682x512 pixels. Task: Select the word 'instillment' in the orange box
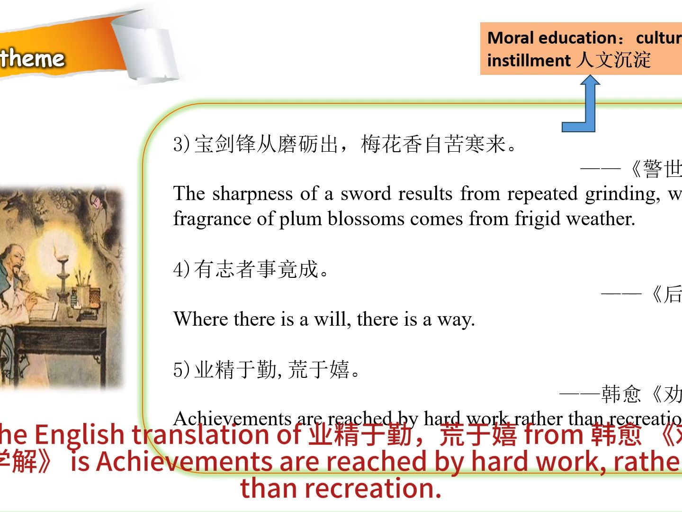(529, 61)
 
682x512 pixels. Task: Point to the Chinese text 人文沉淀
(614, 60)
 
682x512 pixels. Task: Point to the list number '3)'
(182, 144)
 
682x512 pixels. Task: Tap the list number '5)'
(182, 370)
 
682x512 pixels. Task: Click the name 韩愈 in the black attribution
(621, 394)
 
